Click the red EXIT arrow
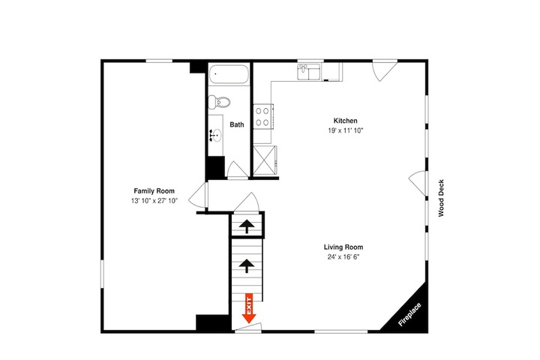249,308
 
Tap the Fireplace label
409,314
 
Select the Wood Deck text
441,198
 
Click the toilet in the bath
219,102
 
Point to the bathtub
229,74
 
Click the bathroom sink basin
217,133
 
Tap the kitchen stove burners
262,116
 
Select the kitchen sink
308,72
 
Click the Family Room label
154,190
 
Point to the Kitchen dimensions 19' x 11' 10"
346,130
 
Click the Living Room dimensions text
343,257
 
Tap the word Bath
237,124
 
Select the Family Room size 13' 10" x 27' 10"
154,201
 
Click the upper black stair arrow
247,226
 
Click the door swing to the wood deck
418,183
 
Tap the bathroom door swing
237,169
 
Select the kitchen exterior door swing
385,71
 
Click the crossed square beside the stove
265,160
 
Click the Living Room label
343,247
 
